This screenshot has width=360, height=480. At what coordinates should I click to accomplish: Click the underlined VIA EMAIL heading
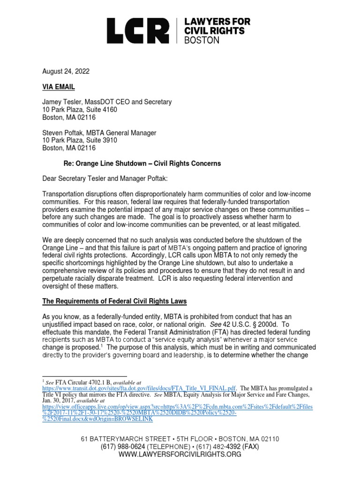click(59, 87)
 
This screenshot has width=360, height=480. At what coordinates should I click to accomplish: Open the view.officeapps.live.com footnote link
click(178, 406)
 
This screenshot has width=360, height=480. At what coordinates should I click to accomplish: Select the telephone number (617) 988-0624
click(120, 447)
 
